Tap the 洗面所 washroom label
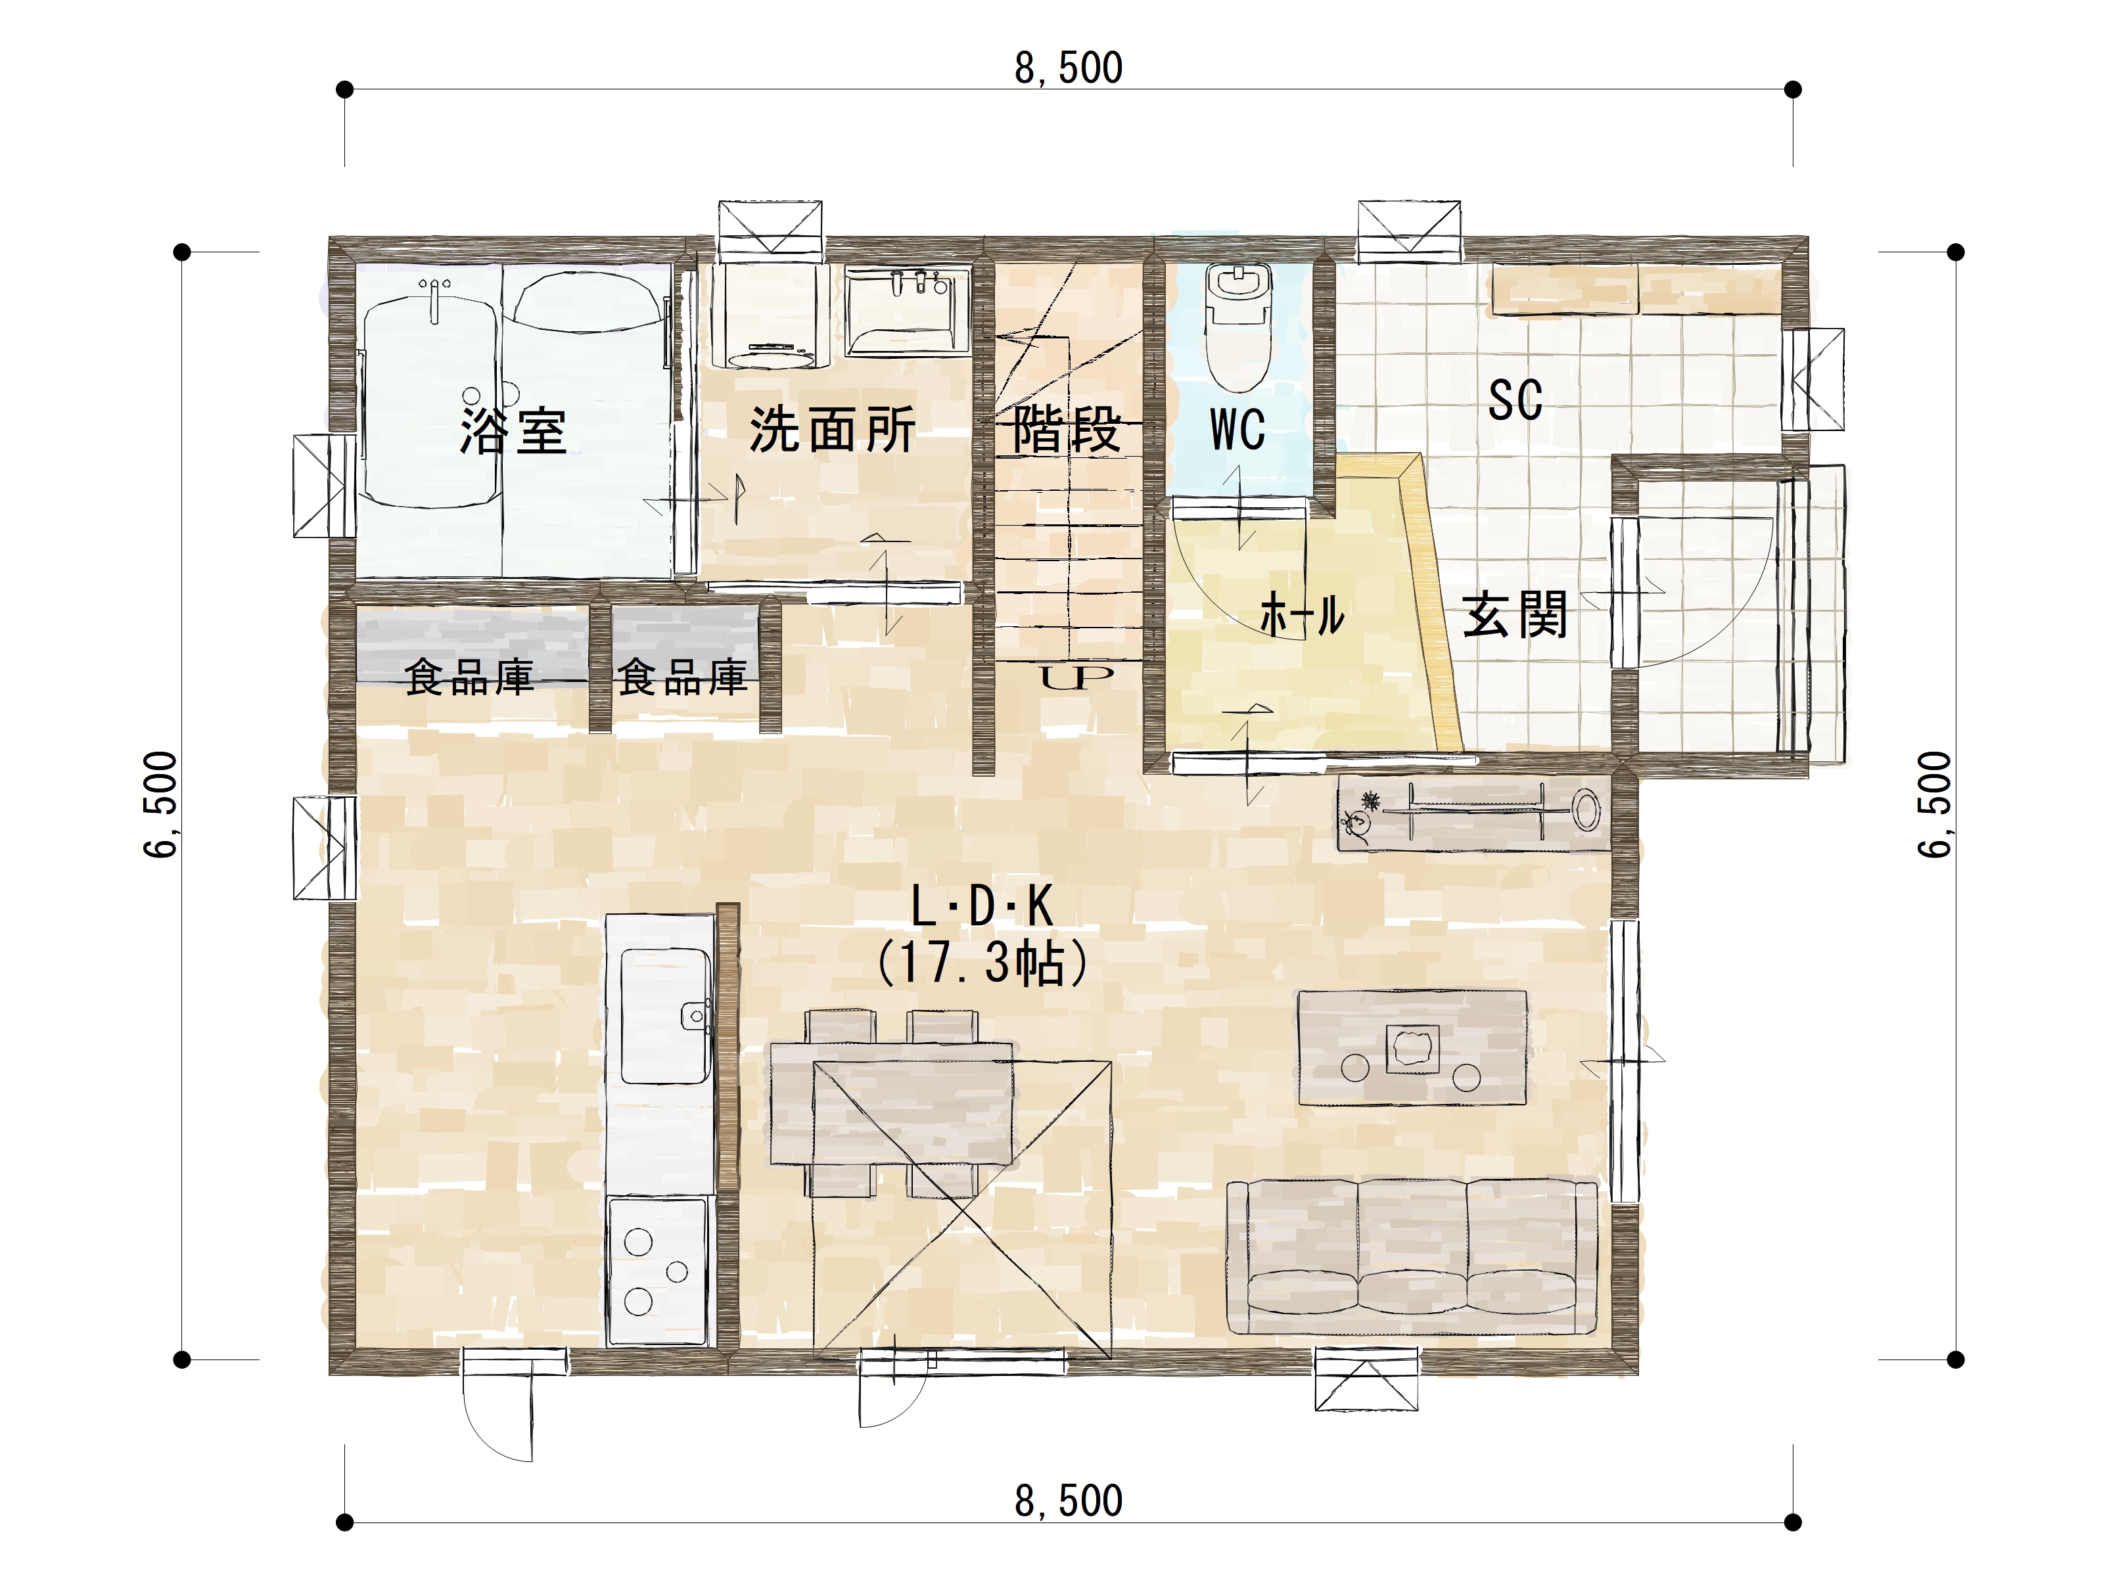[832, 430]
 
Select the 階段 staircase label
[1067, 430]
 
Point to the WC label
[1237, 430]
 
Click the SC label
[1515, 400]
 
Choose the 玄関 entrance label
[1515, 615]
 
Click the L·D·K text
[982, 906]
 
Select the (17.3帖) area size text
[982, 963]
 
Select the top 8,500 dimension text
[1069, 68]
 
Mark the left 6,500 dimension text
[160, 804]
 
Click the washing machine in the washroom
[771, 315]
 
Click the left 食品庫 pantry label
[469, 677]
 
